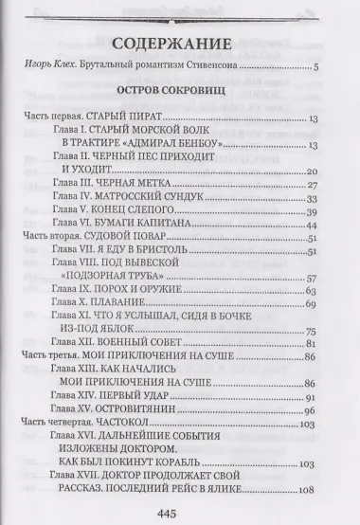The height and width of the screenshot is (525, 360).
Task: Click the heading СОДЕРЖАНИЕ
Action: click(179, 44)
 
